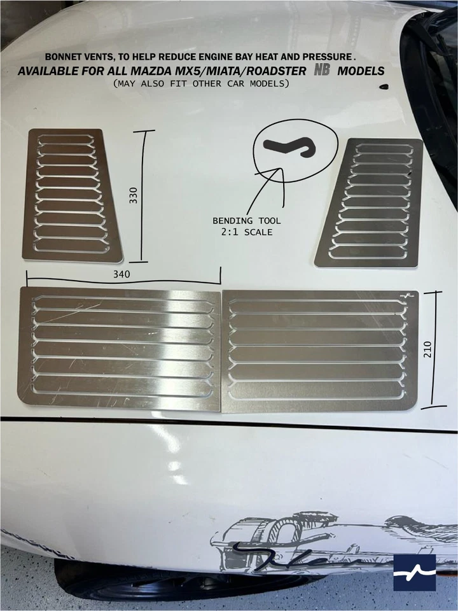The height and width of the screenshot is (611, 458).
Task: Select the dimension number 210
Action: click(x=427, y=349)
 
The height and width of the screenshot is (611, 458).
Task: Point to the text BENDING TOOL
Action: click(x=246, y=221)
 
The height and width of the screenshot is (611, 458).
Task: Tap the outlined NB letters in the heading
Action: click(x=323, y=70)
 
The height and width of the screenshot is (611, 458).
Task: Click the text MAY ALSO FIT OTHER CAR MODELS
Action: click(x=200, y=83)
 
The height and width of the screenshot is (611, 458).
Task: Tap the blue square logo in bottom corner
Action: click(x=414, y=573)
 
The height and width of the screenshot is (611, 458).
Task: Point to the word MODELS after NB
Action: click(x=361, y=71)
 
